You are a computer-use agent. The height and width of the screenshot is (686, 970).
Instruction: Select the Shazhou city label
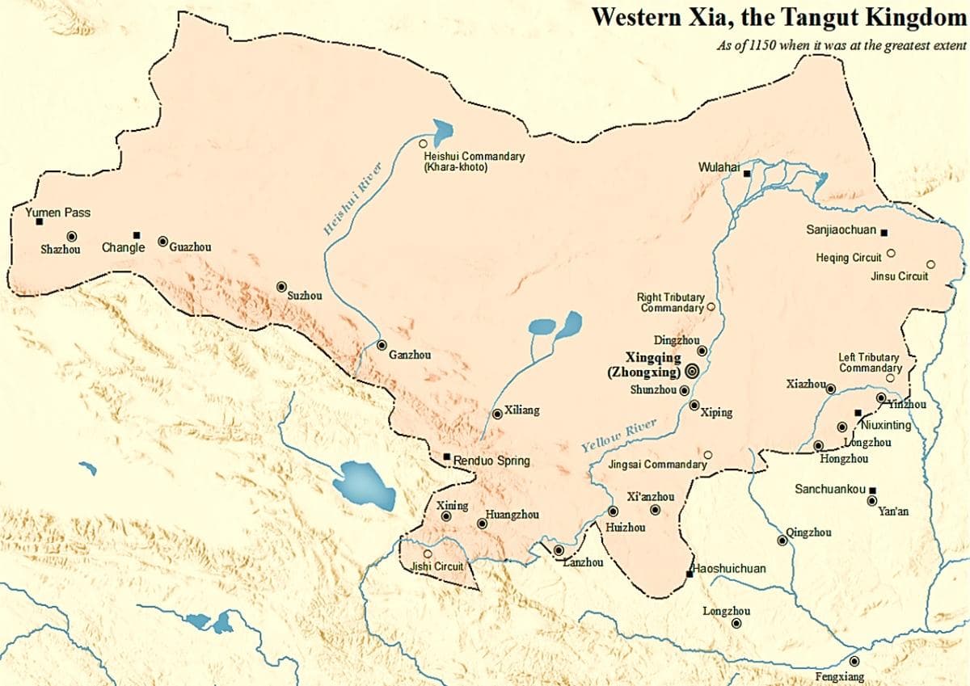pyautogui.click(x=61, y=250)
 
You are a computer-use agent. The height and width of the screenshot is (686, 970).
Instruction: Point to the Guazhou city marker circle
pyautogui.click(x=162, y=241)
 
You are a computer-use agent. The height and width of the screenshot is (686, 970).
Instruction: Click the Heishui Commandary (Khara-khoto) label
pyautogui.click(x=474, y=161)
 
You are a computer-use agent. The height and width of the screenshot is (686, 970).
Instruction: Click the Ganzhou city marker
pyautogui.click(x=382, y=345)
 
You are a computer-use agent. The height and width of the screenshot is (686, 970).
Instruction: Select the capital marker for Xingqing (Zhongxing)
pyautogui.click(x=692, y=371)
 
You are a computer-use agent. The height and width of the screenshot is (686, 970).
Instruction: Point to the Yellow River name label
pyautogui.click(x=618, y=435)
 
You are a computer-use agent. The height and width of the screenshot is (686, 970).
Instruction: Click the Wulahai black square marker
pyautogui.click(x=747, y=174)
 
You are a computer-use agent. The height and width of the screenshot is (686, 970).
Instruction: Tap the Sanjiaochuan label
pyautogui.click(x=841, y=230)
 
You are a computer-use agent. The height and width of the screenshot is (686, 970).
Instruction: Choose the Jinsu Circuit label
pyautogui.click(x=900, y=276)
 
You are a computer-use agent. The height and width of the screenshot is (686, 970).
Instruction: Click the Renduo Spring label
pyautogui.click(x=491, y=461)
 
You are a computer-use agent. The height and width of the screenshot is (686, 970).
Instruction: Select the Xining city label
pyautogui.click(x=453, y=506)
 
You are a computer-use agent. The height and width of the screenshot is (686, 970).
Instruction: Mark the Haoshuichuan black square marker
pyautogui.click(x=690, y=573)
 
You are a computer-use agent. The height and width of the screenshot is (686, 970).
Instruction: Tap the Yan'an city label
pyautogui.click(x=893, y=511)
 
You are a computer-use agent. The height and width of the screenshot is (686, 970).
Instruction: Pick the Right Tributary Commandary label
pyautogui.click(x=670, y=303)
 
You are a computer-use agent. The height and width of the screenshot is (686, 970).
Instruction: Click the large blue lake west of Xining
pyautogui.click(x=364, y=485)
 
